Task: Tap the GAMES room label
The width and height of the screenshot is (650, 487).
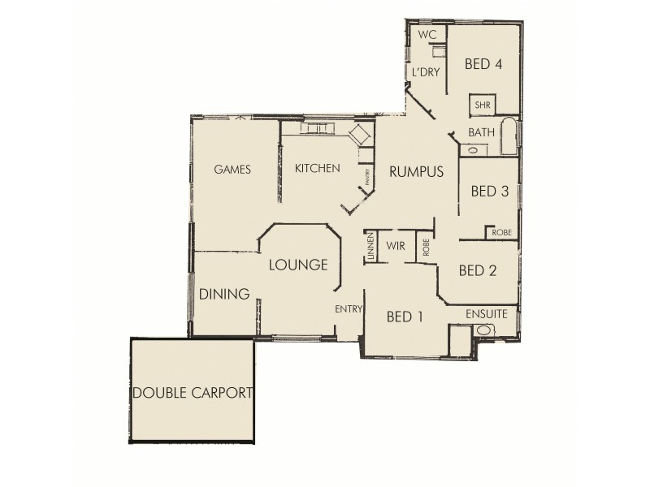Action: pyautogui.click(x=232, y=170)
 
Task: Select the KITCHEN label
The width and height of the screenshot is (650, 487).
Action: pyautogui.click(x=317, y=168)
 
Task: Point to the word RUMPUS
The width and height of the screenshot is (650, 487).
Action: pyautogui.click(x=415, y=171)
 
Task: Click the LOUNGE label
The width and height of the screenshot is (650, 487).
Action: pyautogui.click(x=298, y=265)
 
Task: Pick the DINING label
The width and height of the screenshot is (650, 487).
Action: pyautogui.click(x=223, y=294)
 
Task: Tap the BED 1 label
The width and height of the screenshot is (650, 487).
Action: pyautogui.click(x=405, y=317)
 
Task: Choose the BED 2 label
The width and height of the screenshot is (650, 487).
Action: pyautogui.click(x=478, y=270)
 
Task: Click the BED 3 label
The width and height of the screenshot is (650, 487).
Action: pyautogui.click(x=490, y=192)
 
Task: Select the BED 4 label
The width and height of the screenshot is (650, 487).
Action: pyautogui.click(x=482, y=65)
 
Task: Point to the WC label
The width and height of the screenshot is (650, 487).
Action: pyautogui.click(x=427, y=36)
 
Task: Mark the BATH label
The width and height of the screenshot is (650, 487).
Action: pyautogui.click(x=481, y=132)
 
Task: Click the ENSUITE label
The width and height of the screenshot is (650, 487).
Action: pyautogui.click(x=487, y=313)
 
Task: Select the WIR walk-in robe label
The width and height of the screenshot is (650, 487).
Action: pyautogui.click(x=396, y=244)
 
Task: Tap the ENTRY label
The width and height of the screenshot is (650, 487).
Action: pyautogui.click(x=348, y=308)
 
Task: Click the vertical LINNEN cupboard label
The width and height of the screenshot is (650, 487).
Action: pyautogui.click(x=370, y=247)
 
